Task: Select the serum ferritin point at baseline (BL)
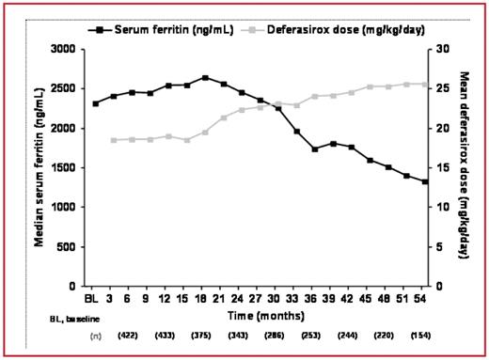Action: pyautogui.click(x=95, y=103)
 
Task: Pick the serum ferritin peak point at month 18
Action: pyautogui.click(x=205, y=78)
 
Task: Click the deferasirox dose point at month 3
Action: pyautogui.click(x=114, y=140)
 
